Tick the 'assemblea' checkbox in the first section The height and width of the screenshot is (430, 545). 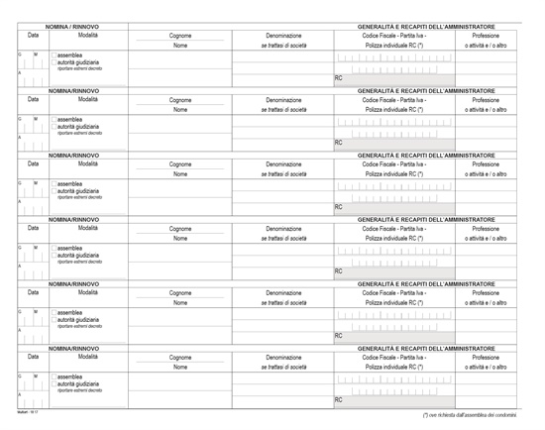[x=54, y=54]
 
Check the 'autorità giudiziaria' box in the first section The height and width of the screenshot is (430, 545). [x=54, y=61]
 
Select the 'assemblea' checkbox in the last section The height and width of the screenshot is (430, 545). [x=54, y=377]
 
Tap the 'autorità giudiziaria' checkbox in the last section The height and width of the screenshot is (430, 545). [x=54, y=384]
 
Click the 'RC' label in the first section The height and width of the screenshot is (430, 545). [x=339, y=77]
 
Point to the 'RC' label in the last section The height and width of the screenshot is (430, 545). [x=339, y=400]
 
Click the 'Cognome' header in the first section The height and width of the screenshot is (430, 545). [x=179, y=35]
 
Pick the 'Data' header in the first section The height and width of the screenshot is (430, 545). [x=33, y=35]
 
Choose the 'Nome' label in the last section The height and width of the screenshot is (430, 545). [x=179, y=368]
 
